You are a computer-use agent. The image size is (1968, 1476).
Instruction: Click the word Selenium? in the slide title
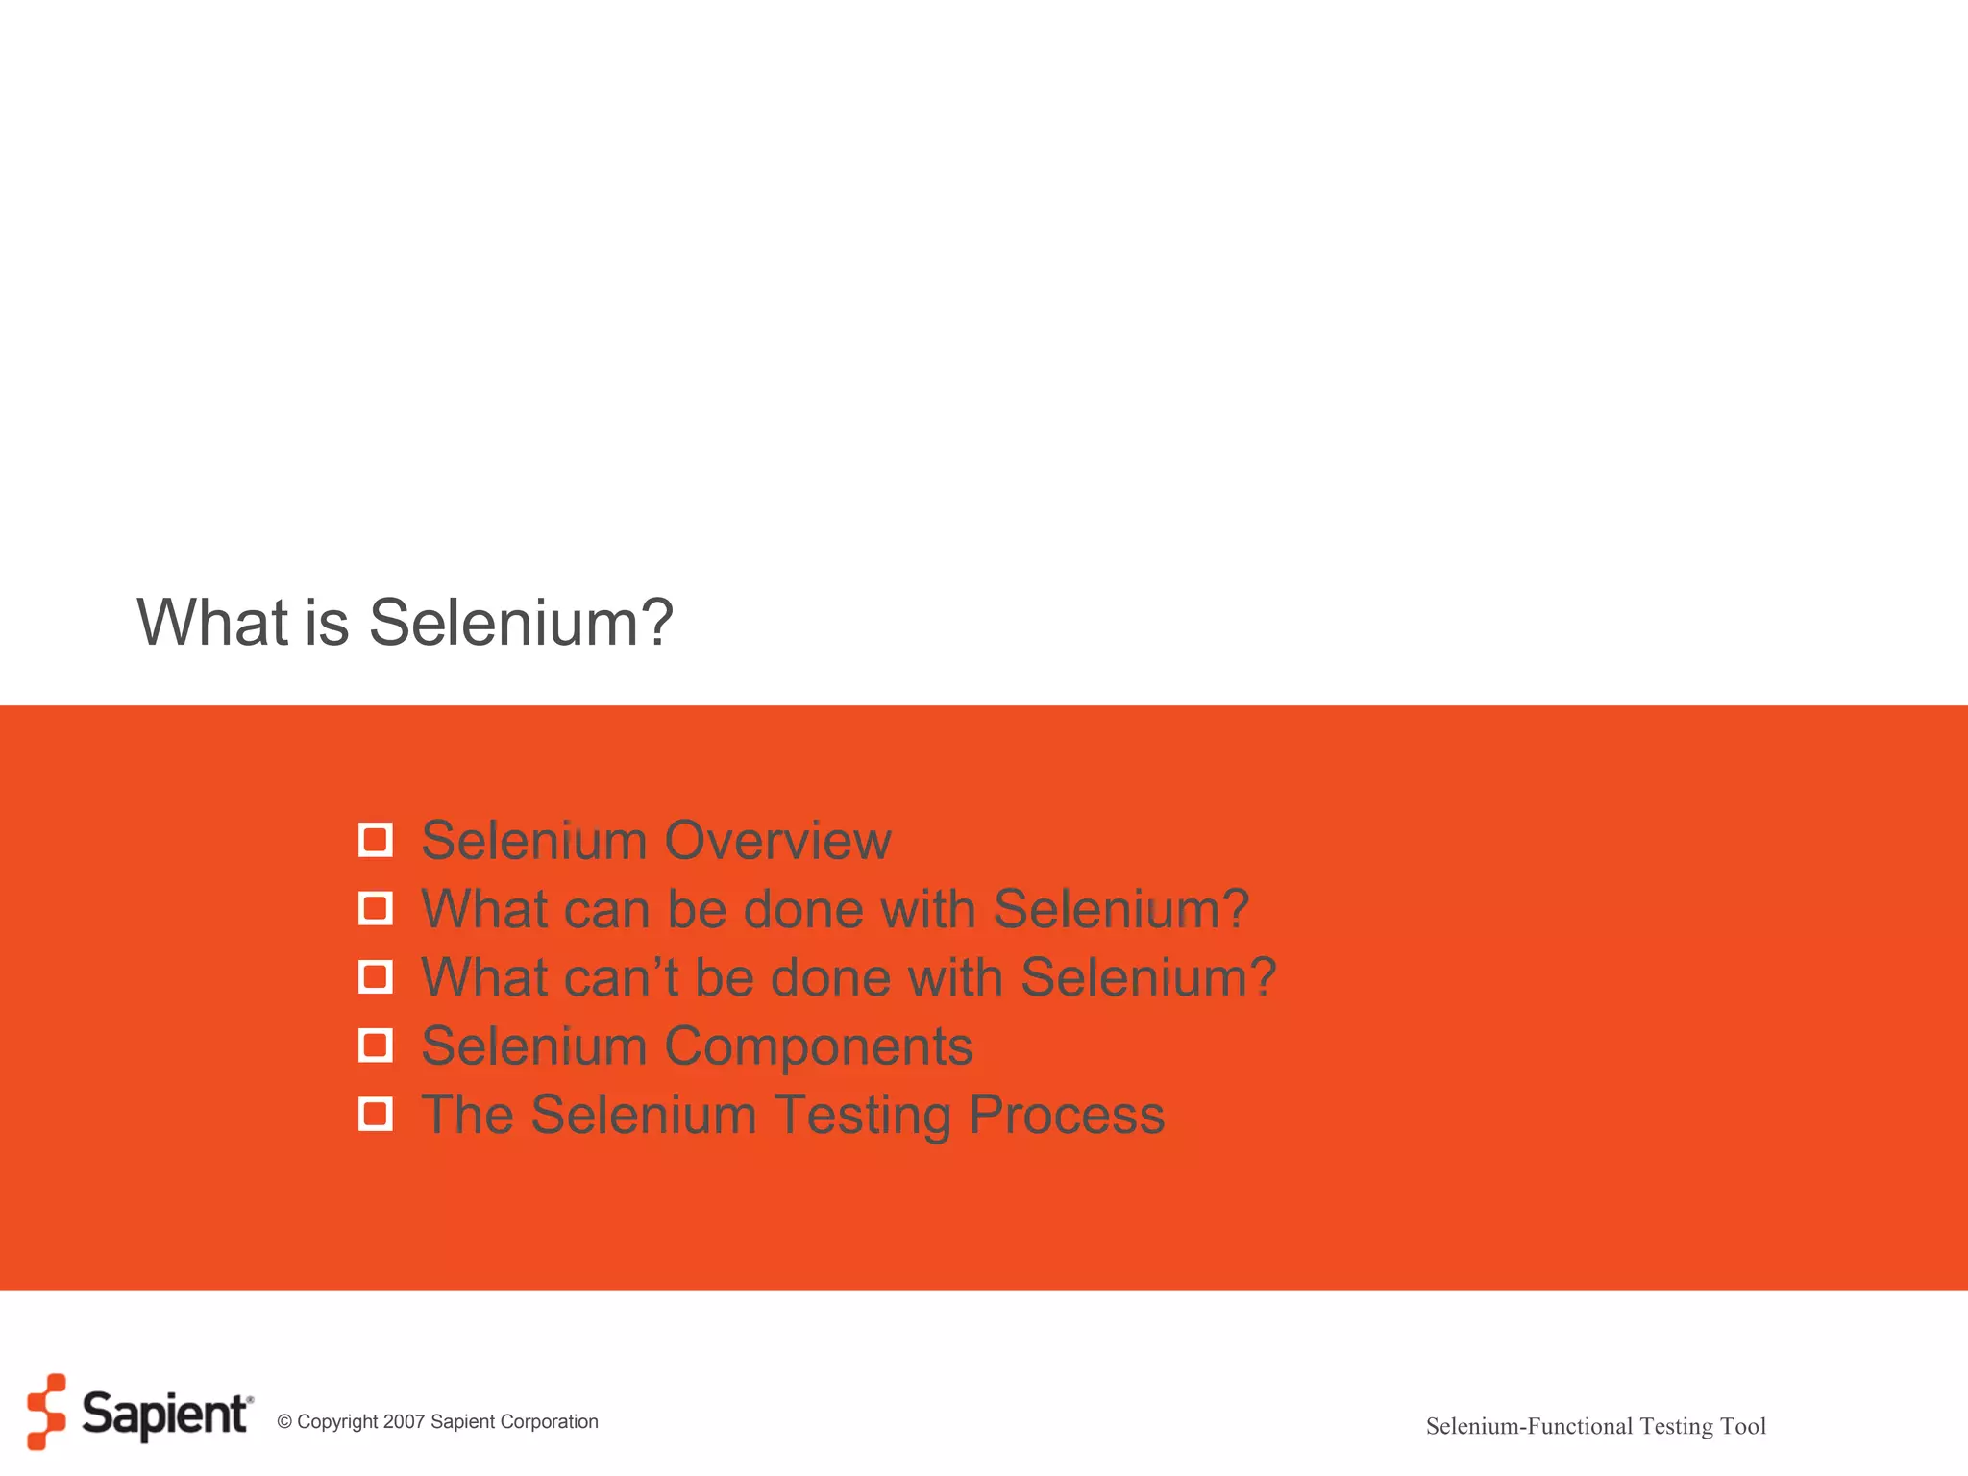521,623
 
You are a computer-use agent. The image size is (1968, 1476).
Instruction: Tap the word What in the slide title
212,623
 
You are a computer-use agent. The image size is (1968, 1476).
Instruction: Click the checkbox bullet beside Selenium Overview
375,840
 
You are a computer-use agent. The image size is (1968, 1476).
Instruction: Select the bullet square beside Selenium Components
375,1045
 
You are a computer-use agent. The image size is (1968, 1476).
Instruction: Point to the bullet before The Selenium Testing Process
375,1115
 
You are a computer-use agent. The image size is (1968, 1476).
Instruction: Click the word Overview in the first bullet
777,841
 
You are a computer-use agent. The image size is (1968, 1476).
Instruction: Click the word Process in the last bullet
1067,1116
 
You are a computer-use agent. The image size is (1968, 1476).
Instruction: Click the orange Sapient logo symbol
46,1411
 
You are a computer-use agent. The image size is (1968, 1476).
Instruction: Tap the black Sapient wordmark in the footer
165,1414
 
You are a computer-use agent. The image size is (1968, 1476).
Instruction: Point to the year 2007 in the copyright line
404,1422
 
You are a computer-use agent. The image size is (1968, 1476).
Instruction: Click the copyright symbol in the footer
284,1422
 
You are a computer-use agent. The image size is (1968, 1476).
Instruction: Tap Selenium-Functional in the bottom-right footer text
1529,1426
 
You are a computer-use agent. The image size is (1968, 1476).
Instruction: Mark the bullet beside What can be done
375,908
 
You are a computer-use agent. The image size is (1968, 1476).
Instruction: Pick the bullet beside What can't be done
375,977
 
